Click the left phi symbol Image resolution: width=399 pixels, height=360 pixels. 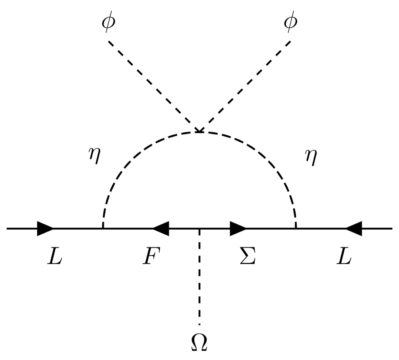109,23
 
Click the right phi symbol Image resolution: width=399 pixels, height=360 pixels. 290,23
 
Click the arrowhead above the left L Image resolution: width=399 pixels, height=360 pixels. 45,229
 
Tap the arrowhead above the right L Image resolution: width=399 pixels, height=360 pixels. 354,229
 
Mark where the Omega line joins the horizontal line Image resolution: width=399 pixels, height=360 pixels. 199,229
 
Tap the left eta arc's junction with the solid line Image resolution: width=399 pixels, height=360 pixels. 103,229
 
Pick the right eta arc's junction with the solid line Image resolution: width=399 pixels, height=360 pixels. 296,229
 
